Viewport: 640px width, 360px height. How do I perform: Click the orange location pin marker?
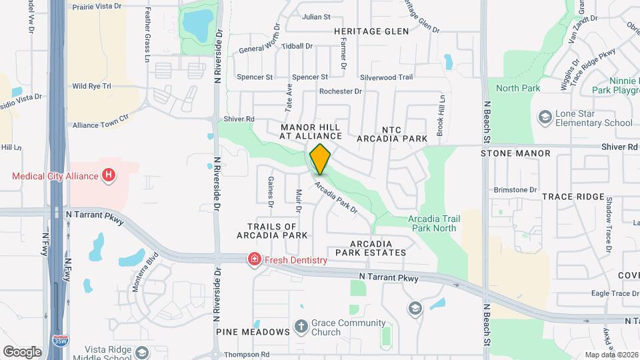321,159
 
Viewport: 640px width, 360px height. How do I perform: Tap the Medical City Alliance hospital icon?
108,176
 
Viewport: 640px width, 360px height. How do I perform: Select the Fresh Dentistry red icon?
253,260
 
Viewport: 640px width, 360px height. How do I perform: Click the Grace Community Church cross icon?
301,327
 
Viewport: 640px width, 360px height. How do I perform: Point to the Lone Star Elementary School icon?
545,118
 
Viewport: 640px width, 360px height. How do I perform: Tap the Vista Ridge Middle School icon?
141,352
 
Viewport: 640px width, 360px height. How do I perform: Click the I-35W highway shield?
60,340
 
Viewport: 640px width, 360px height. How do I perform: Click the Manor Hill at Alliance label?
310,131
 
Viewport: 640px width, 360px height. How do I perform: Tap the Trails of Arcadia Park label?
272,231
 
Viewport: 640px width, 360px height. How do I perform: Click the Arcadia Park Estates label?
370,248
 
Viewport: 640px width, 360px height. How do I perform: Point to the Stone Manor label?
515,153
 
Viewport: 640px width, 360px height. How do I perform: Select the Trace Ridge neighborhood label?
573,197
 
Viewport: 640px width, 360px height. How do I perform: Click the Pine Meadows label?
252,331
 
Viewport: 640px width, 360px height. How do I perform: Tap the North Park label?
518,88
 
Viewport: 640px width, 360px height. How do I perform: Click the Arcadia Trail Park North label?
433,223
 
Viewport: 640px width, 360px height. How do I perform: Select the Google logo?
22,351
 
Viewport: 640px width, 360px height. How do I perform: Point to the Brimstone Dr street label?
515,190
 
